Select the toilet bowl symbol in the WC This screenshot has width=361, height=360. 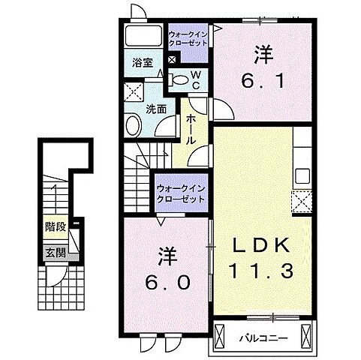click(x=180, y=78)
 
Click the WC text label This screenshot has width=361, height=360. click(x=194, y=79)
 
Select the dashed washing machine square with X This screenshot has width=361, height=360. click(x=134, y=93)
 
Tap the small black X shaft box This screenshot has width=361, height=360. click(x=172, y=60)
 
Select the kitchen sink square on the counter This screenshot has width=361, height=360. click(x=303, y=176)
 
